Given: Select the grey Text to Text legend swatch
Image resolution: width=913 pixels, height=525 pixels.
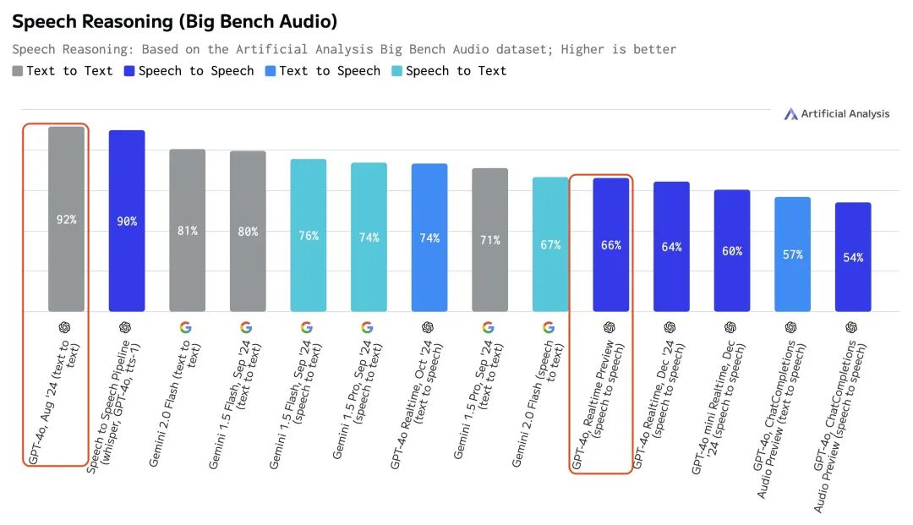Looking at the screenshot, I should point(18,71).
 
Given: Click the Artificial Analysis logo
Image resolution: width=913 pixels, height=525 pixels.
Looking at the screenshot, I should point(836,113).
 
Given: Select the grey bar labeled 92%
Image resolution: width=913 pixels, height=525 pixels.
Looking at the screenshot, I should point(66,219).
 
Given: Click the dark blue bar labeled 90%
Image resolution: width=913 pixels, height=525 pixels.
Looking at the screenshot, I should point(127,221).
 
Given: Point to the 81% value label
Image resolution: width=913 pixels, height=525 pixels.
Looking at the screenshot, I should point(188,231).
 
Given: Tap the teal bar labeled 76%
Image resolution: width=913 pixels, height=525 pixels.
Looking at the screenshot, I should point(309,235).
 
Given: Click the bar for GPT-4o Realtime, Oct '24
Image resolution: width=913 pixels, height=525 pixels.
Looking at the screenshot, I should point(429,238).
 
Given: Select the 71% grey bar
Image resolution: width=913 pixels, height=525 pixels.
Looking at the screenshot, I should point(490,240).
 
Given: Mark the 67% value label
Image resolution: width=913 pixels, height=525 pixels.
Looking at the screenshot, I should point(550,245).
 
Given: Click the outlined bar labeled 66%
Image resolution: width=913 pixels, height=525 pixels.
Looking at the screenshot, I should point(611,245).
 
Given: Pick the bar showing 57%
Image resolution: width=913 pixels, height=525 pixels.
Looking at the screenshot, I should point(792,254).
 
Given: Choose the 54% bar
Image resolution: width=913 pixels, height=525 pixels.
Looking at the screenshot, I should point(853,257).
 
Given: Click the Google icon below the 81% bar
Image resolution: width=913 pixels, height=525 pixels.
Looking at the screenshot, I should point(185,327).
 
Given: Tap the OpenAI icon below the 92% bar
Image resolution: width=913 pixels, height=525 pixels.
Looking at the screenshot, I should point(64,327).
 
